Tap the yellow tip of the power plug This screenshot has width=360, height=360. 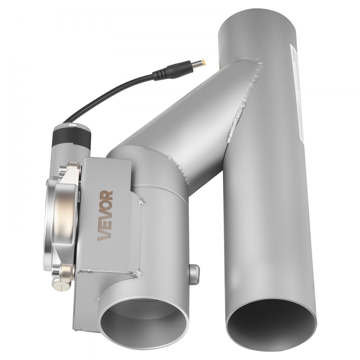(x=204, y=63)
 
